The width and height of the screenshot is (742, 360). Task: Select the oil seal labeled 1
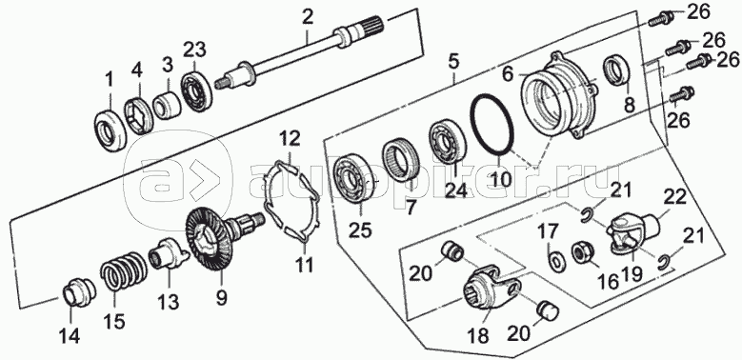110,129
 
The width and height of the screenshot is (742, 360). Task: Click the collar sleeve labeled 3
168,106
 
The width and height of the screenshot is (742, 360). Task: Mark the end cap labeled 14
79,293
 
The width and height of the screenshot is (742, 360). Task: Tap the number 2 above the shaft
308,19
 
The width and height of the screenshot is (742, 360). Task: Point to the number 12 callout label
290,140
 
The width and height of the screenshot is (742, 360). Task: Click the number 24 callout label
454,190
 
